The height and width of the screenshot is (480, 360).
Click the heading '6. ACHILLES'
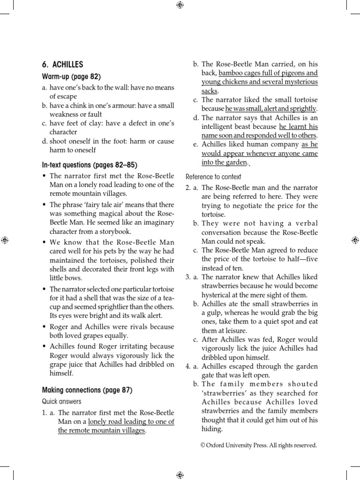[x=63, y=65]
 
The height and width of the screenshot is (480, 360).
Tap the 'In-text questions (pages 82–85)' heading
[x=90, y=165]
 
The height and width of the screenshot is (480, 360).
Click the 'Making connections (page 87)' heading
[x=87, y=390]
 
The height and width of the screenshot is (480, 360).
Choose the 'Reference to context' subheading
[x=213, y=177]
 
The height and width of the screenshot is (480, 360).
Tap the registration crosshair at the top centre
[x=180, y=5]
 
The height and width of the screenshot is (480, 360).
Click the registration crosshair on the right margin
[x=354, y=240]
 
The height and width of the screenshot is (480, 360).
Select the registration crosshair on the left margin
[x=5, y=240]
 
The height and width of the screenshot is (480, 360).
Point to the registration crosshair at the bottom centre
[x=180, y=475]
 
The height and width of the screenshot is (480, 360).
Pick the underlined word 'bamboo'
[x=231, y=73]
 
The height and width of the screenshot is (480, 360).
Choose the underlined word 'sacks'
[x=210, y=91]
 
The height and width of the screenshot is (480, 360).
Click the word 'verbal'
[x=307, y=224]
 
